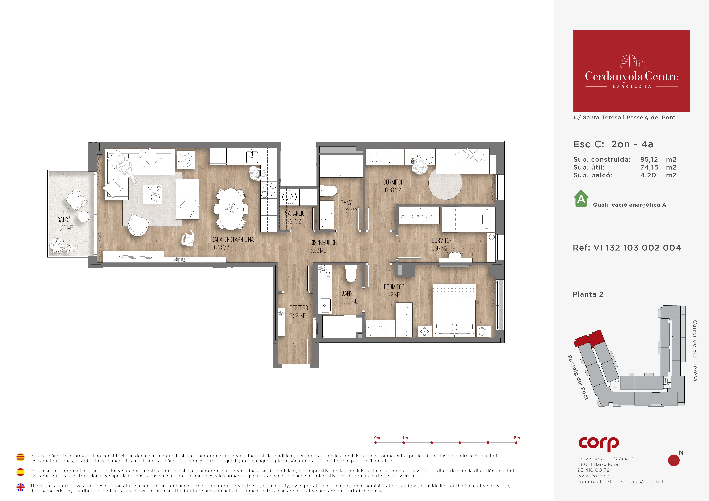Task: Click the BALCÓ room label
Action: pos(64,220)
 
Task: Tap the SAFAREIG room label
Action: pos(295,213)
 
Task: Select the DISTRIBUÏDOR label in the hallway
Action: pos(323,243)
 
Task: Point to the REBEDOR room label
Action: pos(299,308)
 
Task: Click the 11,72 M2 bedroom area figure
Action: pos(392,295)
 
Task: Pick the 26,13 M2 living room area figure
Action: pos(220,248)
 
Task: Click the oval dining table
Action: pos(231,209)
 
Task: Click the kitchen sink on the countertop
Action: pos(252,157)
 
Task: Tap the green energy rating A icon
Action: pos(581,199)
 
